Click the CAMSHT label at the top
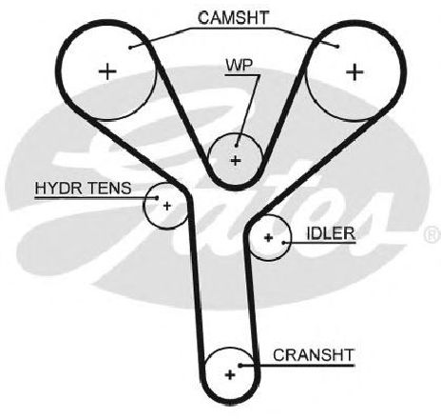234,18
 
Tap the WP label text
240,65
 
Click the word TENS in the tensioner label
108,188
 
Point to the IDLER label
331,233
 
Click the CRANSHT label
313,355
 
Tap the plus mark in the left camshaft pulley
107,71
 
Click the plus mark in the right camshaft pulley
355,72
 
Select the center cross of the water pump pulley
236,161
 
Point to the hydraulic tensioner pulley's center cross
167,206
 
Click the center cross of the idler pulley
268,237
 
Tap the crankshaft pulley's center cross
230,375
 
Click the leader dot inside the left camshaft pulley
130,48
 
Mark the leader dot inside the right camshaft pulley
337,47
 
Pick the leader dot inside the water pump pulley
237,146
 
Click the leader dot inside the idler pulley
283,243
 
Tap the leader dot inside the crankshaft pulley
240,366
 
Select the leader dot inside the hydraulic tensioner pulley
157,197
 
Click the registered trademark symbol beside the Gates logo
432,235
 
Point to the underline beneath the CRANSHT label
297,366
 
